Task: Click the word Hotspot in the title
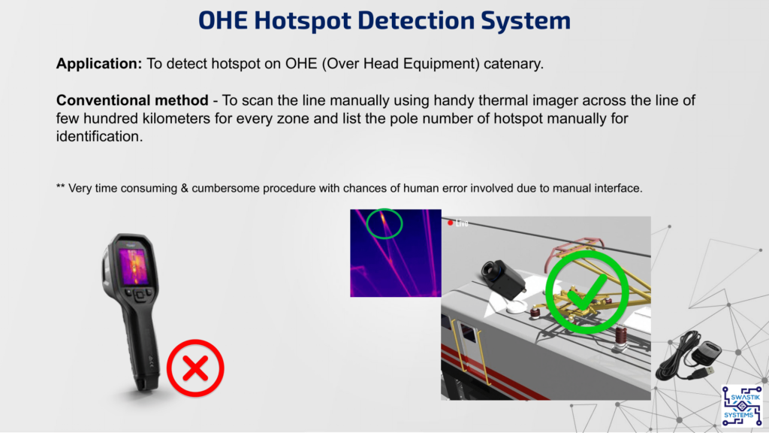(x=303, y=20)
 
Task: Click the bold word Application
(x=98, y=64)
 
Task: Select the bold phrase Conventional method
(x=132, y=100)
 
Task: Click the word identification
(x=99, y=137)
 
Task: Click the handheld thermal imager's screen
(x=134, y=266)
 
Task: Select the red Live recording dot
(x=451, y=223)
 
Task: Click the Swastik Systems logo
(x=741, y=406)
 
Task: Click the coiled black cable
(x=678, y=356)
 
